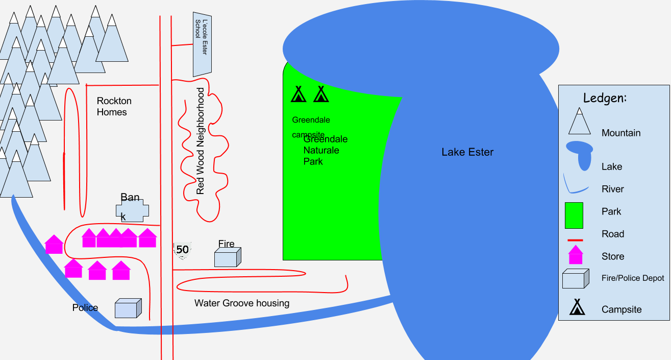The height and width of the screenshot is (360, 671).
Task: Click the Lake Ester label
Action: [x=467, y=152]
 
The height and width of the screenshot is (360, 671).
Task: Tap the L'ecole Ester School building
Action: [x=202, y=44]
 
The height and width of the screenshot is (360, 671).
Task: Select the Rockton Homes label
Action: [x=114, y=106]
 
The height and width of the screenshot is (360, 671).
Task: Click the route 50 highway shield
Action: [x=183, y=250]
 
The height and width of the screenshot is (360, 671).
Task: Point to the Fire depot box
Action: [x=228, y=257]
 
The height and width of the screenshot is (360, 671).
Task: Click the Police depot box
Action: [x=128, y=308]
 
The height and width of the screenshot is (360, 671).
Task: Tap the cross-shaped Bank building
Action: [x=132, y=211]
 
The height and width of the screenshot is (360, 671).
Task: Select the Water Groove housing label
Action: [x=242, y=303]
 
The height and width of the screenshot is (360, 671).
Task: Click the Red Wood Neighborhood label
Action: [x=200, y=141]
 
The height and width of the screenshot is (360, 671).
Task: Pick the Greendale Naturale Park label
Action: [x=326, y=150]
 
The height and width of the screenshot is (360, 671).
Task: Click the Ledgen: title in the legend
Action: [x=605, y=98]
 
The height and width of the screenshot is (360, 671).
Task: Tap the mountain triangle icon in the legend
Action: [x=579, y=122]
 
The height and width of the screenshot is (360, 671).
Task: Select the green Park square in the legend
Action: [x=574, y=215]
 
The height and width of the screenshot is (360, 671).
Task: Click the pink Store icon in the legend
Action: [x=576, y=255]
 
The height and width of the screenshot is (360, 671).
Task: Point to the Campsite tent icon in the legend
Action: [x=577, y=307]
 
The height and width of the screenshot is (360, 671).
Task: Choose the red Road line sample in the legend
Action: [x=576, y=240]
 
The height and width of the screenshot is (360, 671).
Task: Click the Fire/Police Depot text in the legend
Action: [x=633, y=278]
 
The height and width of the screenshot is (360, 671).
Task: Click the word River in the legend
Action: [x=613, y=189]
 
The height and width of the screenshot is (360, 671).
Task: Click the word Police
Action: [x=85, y=307]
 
